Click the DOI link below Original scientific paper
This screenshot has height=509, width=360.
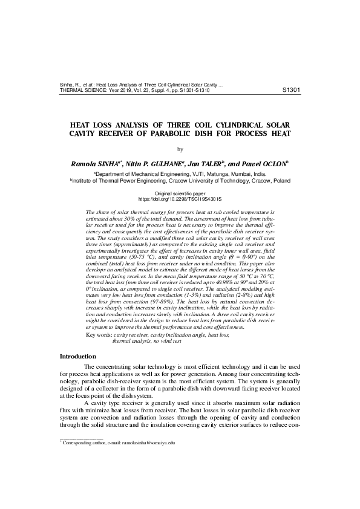coord(180,198)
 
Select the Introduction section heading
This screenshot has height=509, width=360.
coord(77,356)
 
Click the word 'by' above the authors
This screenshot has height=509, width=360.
coord(180,149)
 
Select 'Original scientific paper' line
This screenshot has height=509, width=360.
coord(180,192)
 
